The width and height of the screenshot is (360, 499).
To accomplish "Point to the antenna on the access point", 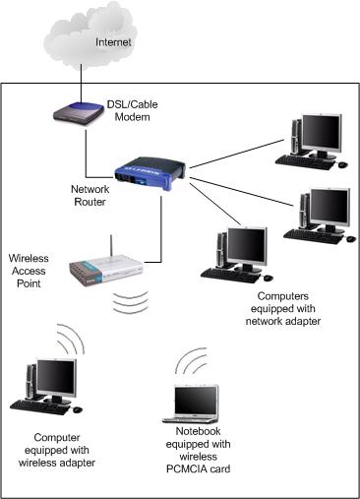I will (x=109, y=245).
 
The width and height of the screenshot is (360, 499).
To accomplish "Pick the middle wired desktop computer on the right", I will (x=317, y=216).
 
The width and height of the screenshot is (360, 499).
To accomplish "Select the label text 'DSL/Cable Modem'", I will (x=133, y=109).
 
